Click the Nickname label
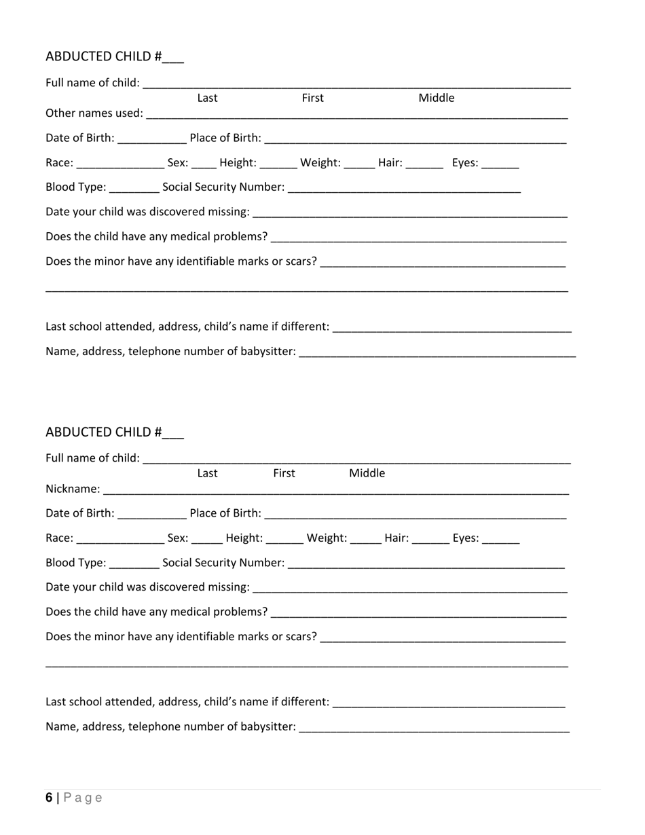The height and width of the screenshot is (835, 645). pyautogui.click(x=72, y=489)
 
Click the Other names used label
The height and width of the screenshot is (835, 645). pyautogui.click(x=94, y=113)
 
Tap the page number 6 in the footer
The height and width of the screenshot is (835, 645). pyautogui.click(x=49, y=798)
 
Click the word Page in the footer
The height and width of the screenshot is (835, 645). pyautogui.click(x=83, y=798)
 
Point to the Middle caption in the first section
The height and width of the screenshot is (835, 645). pyautogui.click(x=436, y=98)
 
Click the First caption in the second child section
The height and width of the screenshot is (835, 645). pyautogui.click(x=284, y=473)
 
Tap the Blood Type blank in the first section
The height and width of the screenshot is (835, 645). pyautogui.click(x=134, y=188)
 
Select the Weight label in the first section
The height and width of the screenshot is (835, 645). pyautogui.click(x=320, y=163)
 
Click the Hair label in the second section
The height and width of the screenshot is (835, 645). pyautogui.click(x=397, y=538)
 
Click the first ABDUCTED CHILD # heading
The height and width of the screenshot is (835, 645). pyautogui.click(x=104, y=56)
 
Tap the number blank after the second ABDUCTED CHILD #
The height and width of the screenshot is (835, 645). pyautogui.click(x=173, y=433)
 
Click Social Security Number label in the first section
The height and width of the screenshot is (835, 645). pyautogui.click(x=223, y=187)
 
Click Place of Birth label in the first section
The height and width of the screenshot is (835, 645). pyautogui.click(x=225, y=138)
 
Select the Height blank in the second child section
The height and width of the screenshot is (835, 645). pyautogui.click(x=284, y=539)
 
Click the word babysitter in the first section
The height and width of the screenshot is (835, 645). pyautogui.click(x=268, y=352)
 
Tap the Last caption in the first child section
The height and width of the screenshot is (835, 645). pyautogui.click(x=207, y=98)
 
